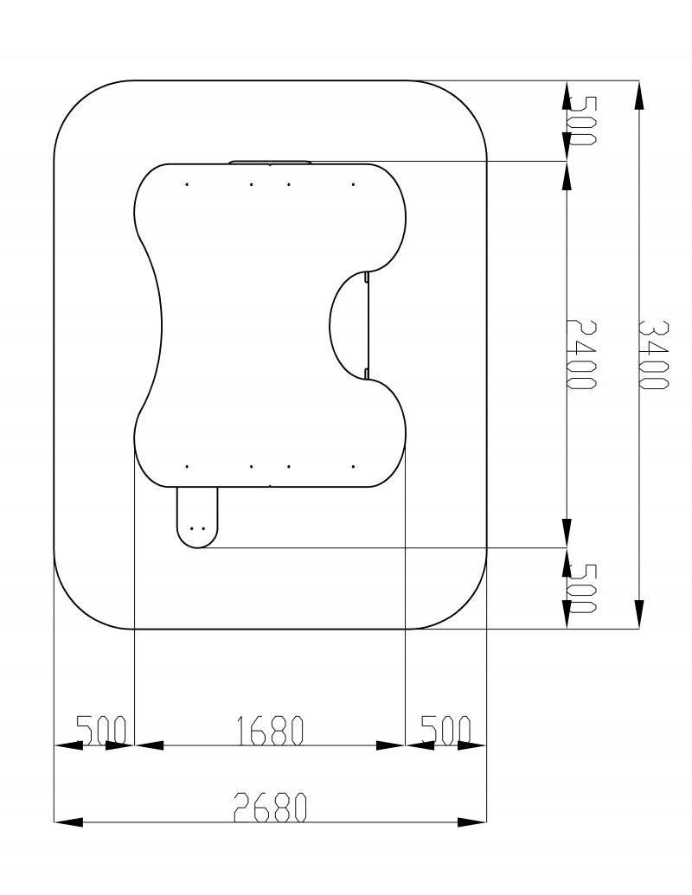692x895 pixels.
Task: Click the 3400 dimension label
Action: (651, 354)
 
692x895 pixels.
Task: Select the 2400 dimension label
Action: (580, 354)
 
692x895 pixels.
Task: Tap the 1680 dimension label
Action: (269, 731)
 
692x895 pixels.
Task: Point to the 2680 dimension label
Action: (270, 807)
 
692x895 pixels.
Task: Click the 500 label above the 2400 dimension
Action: (582, 120)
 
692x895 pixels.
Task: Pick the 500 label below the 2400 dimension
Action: (582, 588)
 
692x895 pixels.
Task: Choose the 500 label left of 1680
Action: (101, 731)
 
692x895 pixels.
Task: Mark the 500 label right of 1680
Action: (446, 731)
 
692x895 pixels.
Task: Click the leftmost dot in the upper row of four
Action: (187, 184)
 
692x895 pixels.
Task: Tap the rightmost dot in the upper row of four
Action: (354, 184)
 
